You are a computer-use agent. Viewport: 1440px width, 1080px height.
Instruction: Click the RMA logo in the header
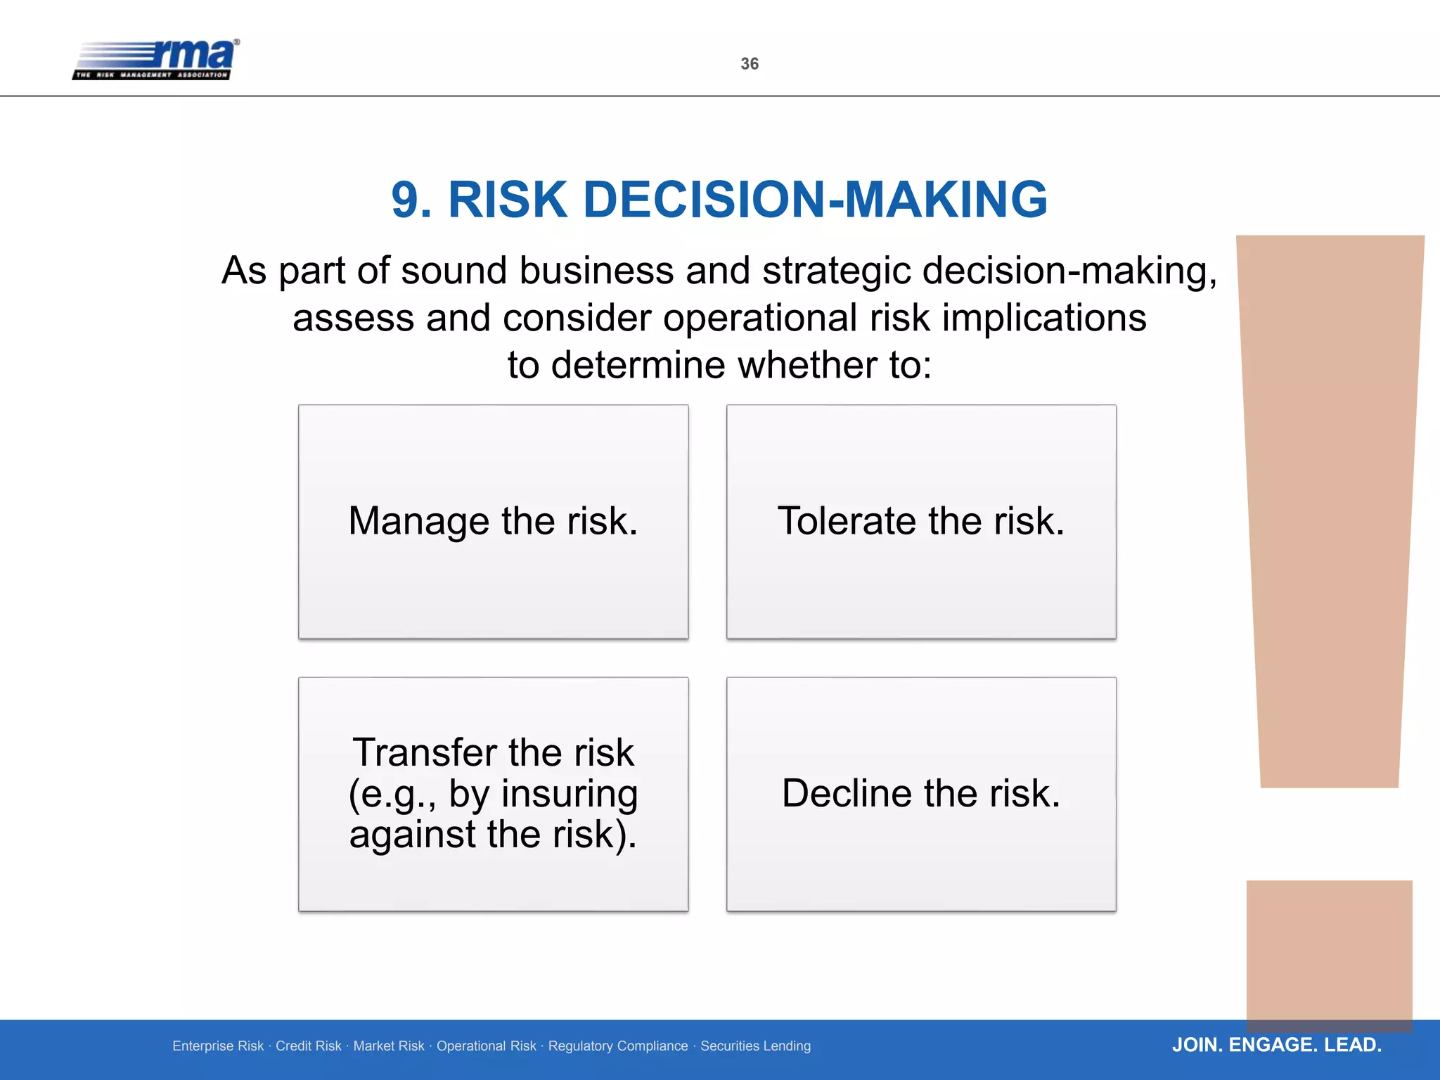(x=156, y=59)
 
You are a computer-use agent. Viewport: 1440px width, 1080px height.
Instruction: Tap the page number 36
(x=750, y=64)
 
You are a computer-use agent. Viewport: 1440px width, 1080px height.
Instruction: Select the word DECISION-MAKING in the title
(x=815, y=200)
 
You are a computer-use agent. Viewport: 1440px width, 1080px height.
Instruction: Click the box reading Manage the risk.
(x=493, y=521)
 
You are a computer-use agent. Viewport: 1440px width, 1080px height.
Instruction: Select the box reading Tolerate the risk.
(x=921, y=521)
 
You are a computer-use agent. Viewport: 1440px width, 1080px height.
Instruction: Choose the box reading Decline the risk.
(x=921, y=794)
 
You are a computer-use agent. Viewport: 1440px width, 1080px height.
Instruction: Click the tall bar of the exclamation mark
(x=1329, y=506)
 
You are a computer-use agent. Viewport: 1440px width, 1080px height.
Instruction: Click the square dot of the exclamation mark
(x=1329, y=949)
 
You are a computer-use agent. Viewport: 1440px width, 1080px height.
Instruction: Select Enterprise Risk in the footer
(x=218, y=1046)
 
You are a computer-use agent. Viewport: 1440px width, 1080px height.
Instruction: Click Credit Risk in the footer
(x=308, y=1046)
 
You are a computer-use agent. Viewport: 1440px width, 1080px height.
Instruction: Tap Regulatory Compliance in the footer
(x=618, y=1046)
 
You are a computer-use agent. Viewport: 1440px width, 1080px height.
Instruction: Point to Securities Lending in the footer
(x=755, y=1046)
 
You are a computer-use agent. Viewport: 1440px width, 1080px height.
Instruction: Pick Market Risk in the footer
(x=389, y=1046)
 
